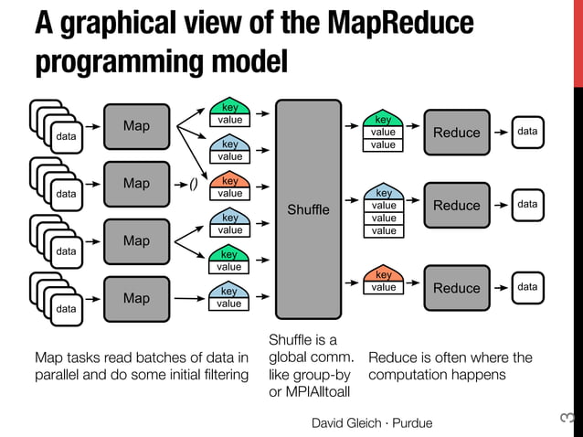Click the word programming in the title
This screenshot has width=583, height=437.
(111, 63)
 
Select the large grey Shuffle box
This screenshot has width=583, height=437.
(308, 210)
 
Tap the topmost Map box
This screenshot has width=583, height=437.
(136, 125)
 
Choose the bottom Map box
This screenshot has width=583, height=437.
(136, 299)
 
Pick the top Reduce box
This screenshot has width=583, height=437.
(456, 133)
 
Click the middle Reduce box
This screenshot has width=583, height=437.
(456, 206)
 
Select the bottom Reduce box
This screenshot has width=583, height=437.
(456, 288)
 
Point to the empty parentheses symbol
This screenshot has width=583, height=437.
(194, 183)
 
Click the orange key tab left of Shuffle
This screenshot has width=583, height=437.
(229, 181)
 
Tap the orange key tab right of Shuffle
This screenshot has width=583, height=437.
(384, 274)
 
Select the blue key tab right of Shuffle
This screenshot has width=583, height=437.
(384, 193)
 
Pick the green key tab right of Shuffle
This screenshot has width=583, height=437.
(384, 120)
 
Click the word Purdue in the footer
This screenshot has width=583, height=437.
(411, 422)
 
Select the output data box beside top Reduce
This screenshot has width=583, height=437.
(527, 133)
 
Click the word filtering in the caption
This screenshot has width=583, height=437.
(219, 375)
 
